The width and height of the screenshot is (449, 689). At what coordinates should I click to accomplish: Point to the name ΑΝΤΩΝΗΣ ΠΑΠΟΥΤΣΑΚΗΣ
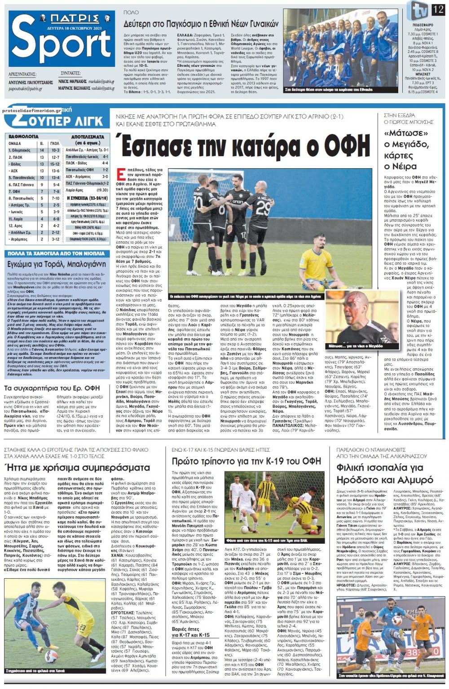click(x=31, y=83)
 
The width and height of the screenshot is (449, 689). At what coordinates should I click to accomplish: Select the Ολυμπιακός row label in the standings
click(x=22, y=151)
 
